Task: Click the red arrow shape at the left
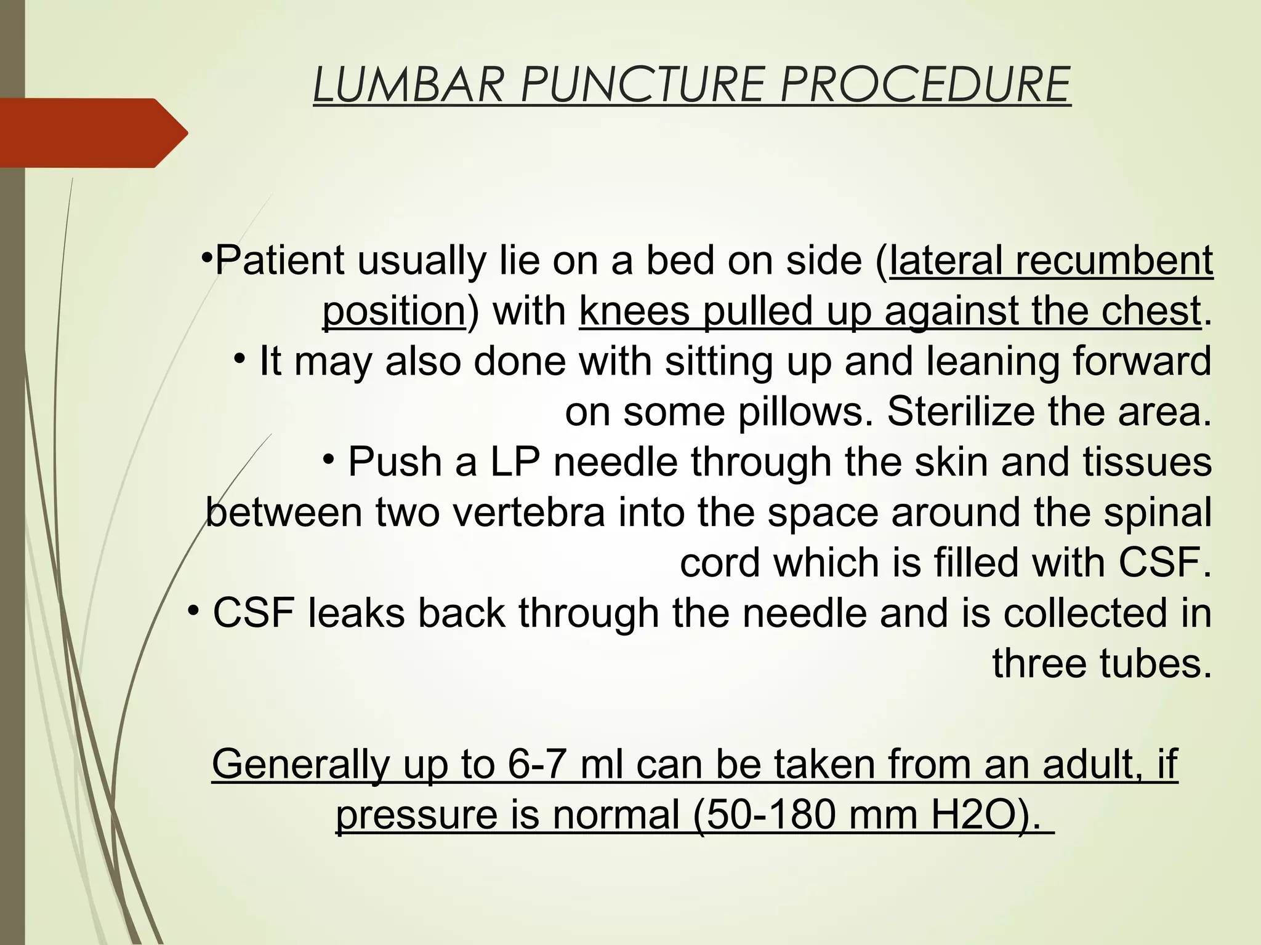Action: (x=92, y=133)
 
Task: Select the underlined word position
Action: (x=394, y=311)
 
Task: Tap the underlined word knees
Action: (x=634, y=311)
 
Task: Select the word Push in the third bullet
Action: (x=394, y=463)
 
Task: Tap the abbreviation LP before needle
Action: (x=514, y=463)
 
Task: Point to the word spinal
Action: (x=1158, y=513)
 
